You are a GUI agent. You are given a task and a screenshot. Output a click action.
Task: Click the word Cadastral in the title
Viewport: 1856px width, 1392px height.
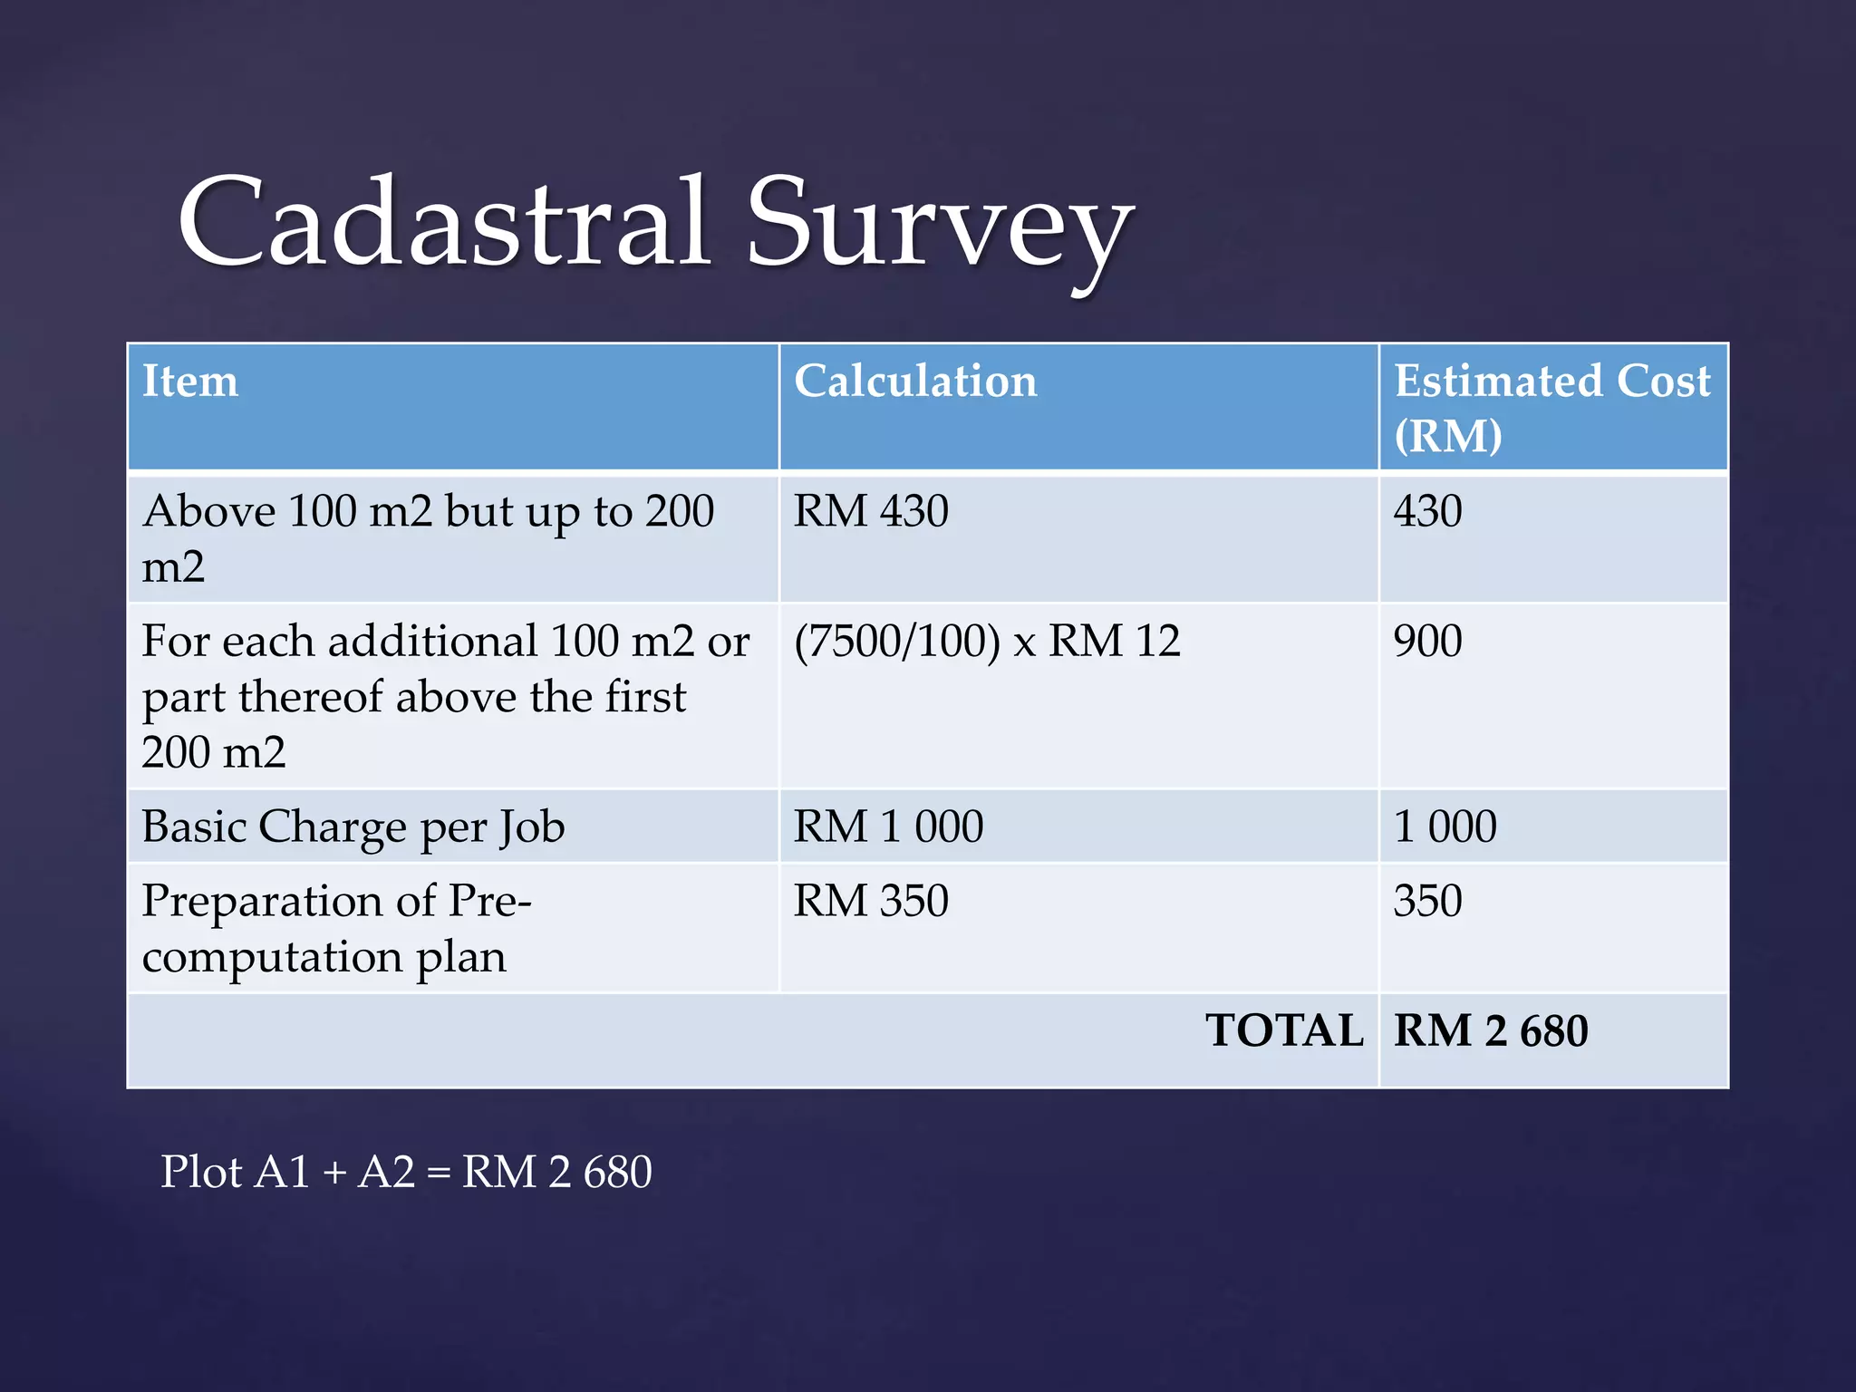click(x=444, y=222)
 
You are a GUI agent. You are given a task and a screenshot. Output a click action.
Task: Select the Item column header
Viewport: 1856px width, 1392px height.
click(x=190, y=382)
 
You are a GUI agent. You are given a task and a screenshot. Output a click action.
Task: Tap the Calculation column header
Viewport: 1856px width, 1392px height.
click(x=915, y=382)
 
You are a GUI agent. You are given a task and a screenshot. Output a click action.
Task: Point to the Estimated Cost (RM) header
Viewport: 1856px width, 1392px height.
click(x=1551, y=408)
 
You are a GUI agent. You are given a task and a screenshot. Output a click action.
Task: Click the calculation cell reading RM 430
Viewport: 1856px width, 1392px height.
click(x=871, y=511)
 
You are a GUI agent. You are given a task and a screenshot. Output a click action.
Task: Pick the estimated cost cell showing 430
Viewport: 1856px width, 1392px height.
click(x=1427, y=511)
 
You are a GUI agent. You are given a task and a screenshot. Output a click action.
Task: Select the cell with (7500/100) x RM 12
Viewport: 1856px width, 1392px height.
click(x=987, y=642)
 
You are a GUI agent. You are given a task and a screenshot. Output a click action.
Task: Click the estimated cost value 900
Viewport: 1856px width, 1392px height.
click(x=1427, y=642)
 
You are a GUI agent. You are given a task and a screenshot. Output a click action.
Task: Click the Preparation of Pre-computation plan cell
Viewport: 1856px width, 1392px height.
click(x=335, y=928)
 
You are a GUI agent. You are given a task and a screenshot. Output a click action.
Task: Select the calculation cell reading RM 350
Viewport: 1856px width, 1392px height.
click(x=871, y=902)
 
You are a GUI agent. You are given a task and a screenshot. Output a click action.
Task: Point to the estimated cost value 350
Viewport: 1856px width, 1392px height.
click(x=1427, y=902)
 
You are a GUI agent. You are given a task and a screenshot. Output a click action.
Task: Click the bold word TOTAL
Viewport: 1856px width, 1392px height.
click(x=1284, y=1031)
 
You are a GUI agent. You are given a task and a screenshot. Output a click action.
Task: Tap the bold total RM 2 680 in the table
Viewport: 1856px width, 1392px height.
click(x=1491, y=1031)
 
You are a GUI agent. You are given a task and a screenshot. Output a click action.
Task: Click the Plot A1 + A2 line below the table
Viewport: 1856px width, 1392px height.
click(x=406, y=1172)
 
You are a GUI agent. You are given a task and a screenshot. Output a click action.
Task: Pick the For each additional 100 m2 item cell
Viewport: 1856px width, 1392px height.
click(x=444, y=696)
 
